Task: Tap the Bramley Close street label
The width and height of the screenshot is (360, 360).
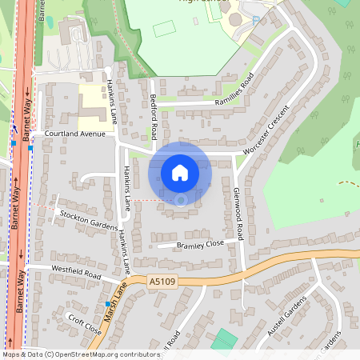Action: (x=201, y=243)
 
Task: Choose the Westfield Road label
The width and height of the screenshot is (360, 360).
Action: (x=77, y=273)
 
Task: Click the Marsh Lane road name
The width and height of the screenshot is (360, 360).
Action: (x=114, y=298)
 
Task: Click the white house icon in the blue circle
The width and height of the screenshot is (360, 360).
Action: (x=180, y=172)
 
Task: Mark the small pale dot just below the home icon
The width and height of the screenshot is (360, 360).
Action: (x=181, y=199)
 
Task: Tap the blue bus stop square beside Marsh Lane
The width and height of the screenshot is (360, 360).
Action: (x=107, y=305)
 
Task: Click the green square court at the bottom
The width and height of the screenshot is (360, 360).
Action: (x=225, y=339)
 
